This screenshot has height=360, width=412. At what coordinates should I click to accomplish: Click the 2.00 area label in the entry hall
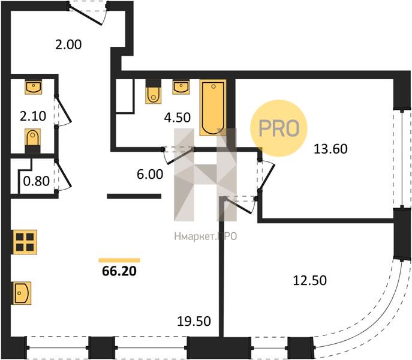pyautogui.click(x=68, y=44)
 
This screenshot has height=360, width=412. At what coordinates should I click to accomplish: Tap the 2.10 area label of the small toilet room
pyautogui.click(x=33, y=116)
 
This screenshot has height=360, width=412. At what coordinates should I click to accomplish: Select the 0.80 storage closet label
pyautogui.click(x=36, y=181)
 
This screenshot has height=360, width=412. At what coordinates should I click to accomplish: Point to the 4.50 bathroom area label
pyautogui.click(x=178, y=117)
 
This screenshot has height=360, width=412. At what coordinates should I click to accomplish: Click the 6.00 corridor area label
pyautogui.click(x=150, y=175)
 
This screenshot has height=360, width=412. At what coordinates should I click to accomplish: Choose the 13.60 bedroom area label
pyautogui.click(x=331, y=149)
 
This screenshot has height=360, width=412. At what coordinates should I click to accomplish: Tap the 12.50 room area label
pyautogui.click(x=310, y=280)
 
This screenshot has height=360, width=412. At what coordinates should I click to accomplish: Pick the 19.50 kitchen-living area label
pyautogui.click(x=194, y=321)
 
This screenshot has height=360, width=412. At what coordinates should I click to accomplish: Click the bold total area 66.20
pyautogui.click(x=119, y=271)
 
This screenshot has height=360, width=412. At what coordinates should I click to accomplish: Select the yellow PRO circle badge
pyautogui.click(x=278, y=128)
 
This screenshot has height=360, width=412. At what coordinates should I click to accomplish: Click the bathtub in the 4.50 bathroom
pyautogui.click(x=213, y=107)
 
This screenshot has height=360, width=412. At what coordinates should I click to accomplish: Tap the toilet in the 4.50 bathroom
pyautogui.click(x=153, y=92)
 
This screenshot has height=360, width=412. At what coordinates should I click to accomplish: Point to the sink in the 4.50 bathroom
pyautogui.click(x=181, y=88)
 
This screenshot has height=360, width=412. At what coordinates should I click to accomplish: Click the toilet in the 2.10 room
pyautogui.click(x=33, y=140)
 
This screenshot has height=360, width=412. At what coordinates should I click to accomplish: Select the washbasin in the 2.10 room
pyautogui.click(x=33, y=88)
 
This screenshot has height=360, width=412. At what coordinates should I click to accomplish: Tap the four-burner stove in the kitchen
pyautogui.click(x=24, y=242)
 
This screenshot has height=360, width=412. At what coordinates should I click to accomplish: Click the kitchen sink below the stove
pyautogui.click(x=21, y=293)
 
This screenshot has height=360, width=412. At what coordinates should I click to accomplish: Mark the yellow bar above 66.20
pyautogui.click(x=119, y=260)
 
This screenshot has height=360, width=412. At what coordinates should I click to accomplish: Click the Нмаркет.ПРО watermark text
pyautogui.click(x=206, y=236)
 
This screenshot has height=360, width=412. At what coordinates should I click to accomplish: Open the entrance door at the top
pyautogui.click(x=88, y=14)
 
